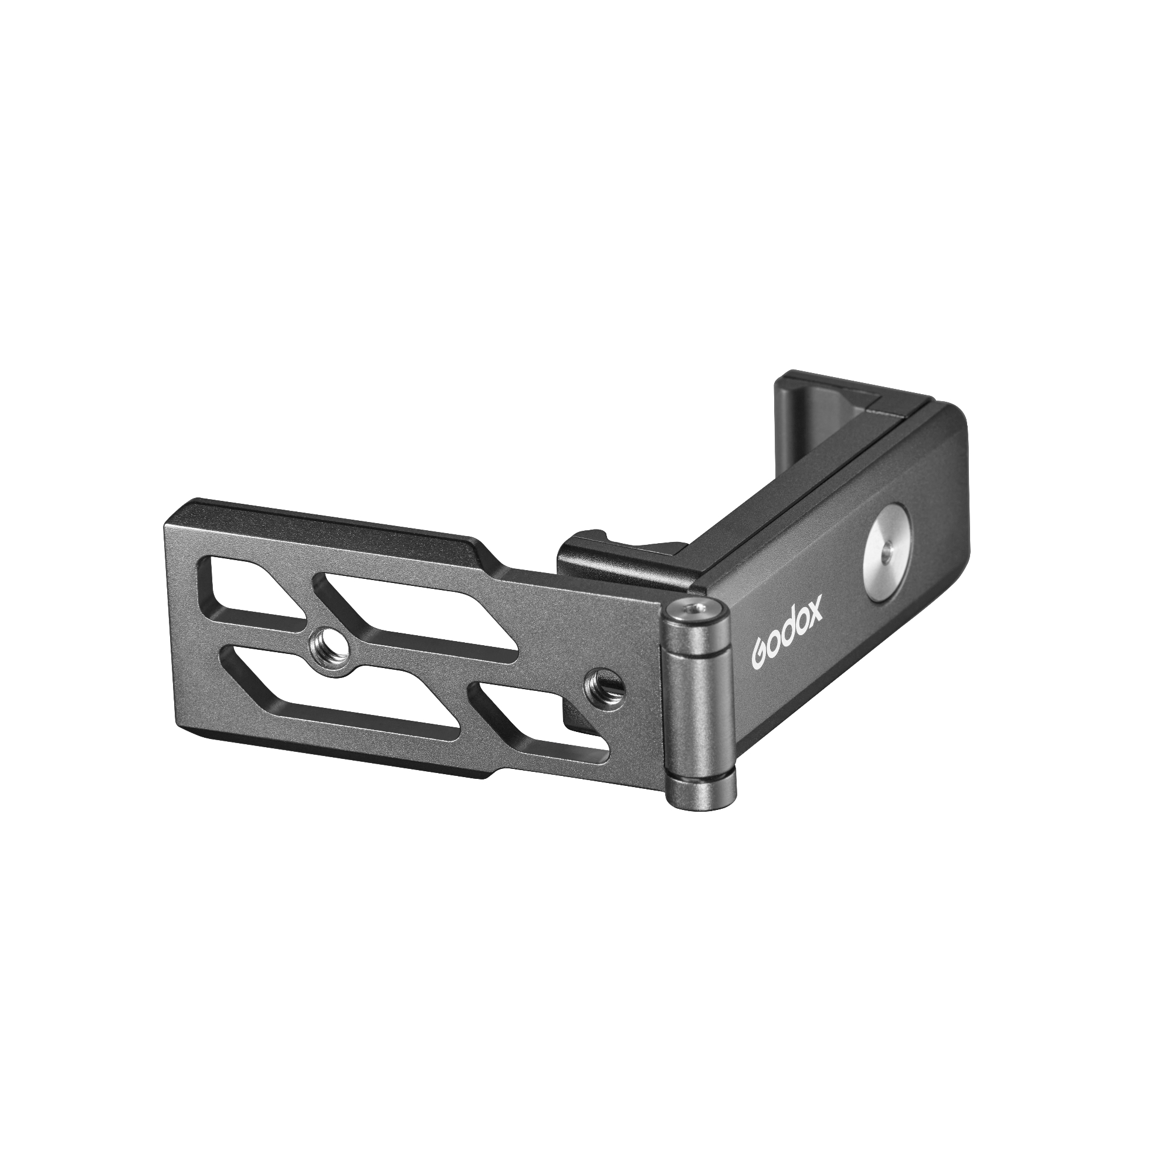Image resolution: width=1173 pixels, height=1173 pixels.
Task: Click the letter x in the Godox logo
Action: (814, 613)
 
